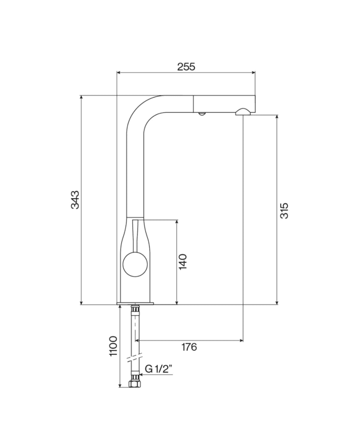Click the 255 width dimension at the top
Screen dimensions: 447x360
click(x=186, y=66)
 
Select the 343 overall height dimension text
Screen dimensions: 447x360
click(x=75, y=200)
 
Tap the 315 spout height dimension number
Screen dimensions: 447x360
click(x=284, y=209)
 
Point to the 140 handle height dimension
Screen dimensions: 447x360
click(x=184, y=262)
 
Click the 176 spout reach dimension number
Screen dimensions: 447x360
click(x=189, y=347)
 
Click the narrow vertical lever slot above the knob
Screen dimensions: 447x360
click(x=135, y=234)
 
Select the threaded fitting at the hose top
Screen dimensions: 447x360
click(x=135, y=310)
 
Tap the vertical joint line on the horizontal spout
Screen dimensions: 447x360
click(x=193, y=103)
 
